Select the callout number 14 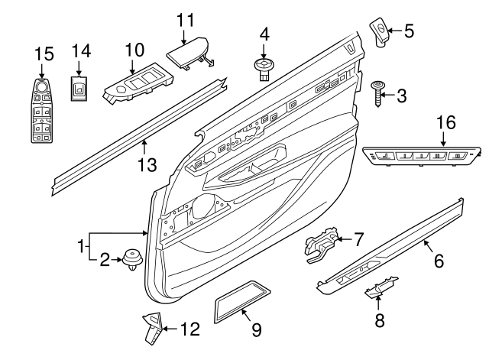pos(81,51)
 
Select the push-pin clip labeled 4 pos(264,71)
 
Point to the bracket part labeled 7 pos(322,245)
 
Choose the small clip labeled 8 pos(376,291)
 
